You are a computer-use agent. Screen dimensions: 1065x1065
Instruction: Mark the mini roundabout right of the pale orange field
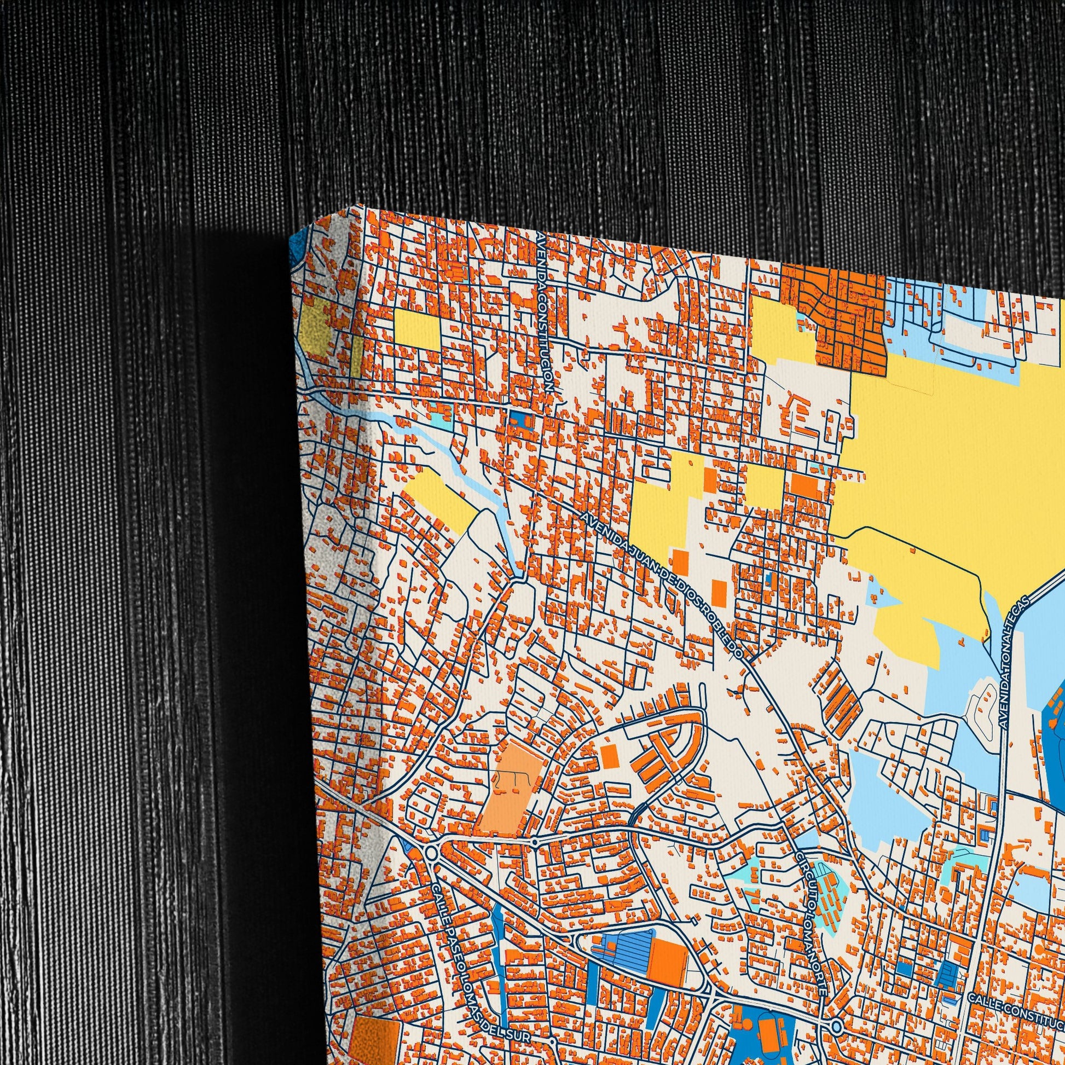click(534, 858)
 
